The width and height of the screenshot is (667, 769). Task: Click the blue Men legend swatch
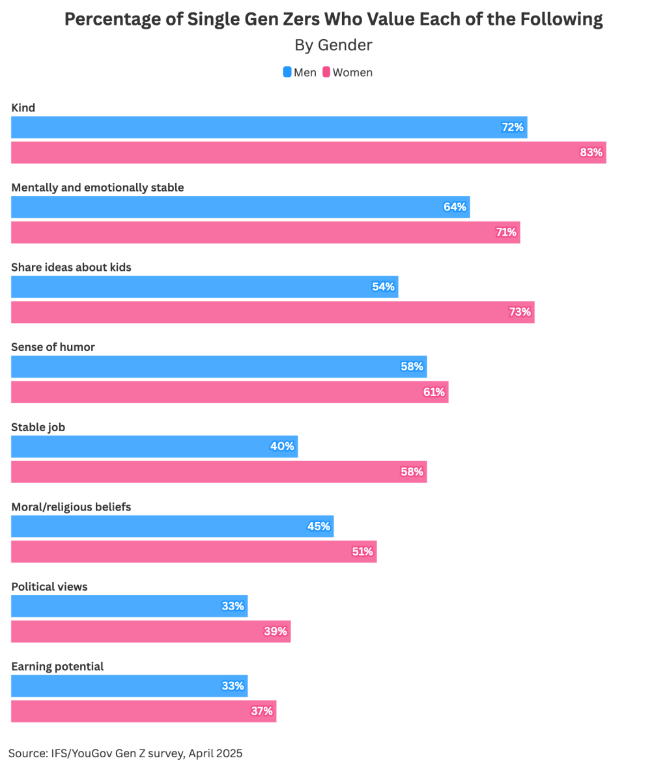click(287, 72)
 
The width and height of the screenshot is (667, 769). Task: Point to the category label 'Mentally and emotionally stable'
click(98, 188)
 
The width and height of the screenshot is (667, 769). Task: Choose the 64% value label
click(455, 207)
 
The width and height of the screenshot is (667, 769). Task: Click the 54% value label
click(383, 287)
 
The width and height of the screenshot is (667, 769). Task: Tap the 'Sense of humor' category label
click(53, 347)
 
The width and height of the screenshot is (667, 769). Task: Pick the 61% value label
click(434, 392)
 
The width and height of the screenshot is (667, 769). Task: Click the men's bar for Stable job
click(154, 447)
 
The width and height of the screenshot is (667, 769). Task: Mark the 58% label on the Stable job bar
click(412, 471)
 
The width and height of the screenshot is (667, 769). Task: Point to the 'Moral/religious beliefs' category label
click(71, 507)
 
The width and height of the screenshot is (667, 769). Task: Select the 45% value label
click(319, 526)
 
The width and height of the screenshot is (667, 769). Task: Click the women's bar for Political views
click(150, 632)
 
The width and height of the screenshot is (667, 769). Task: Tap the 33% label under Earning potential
click(233, 686)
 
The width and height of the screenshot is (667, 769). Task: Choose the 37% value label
click(261, 711)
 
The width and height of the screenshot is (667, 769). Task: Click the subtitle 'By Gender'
click(333, 45)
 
